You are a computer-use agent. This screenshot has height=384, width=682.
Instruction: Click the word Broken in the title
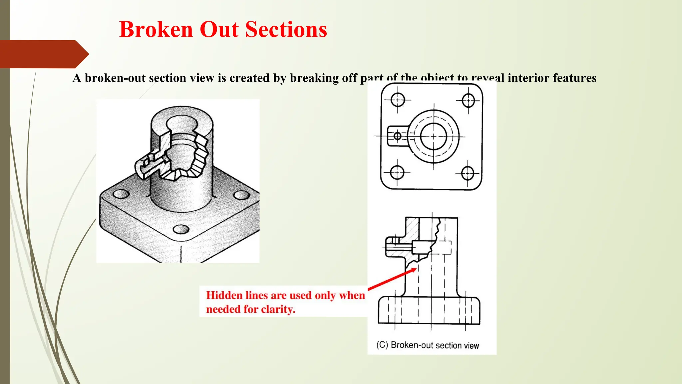click(x=156, y=29)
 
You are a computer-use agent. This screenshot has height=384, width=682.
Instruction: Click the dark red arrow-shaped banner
click(x=43, y=54)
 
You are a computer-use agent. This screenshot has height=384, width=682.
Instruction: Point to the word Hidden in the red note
click(x=224, y=295)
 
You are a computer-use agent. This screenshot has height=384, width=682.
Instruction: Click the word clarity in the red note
click(x=277, y=309)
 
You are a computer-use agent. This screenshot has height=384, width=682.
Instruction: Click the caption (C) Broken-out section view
click(x=428, y=345)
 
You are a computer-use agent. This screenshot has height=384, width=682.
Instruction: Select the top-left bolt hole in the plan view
click(x=397, y=100)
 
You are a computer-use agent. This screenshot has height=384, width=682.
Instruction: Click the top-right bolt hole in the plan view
click(x=468, y=100)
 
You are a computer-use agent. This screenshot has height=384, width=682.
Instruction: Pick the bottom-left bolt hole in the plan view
click(x=397, y=173)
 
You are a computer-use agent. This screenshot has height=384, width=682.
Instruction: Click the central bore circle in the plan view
click(x=433, y=136)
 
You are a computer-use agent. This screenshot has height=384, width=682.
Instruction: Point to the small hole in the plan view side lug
click(x=397, y=136)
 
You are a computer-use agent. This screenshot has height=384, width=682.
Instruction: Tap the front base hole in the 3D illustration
click(x=181, y=229)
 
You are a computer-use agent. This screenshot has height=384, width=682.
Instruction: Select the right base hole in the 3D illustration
click(x=241, y=195)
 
